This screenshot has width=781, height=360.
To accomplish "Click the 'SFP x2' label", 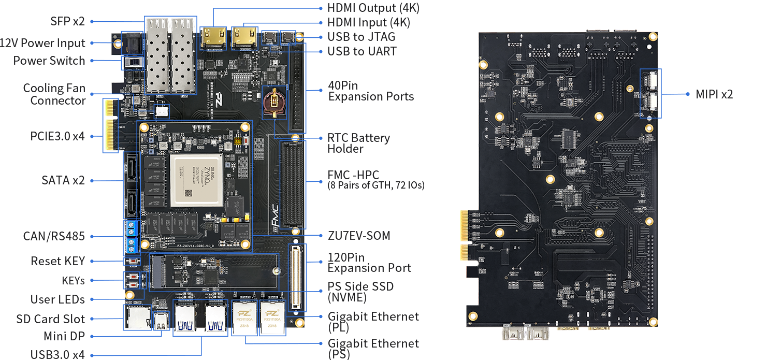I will tap(67, 21).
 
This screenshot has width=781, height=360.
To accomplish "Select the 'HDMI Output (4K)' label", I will tap(373, 8).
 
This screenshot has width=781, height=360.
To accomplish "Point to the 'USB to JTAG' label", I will tap(361, 37).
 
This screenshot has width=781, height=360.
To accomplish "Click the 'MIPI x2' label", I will tap(714, 94).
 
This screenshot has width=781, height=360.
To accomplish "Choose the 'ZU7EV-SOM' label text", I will tap(359, 236).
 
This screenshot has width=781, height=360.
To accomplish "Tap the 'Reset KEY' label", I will tap(57, 261).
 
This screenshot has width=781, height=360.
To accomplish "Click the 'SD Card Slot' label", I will tap(51, 319).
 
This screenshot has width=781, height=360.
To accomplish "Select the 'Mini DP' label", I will tap(64, 336).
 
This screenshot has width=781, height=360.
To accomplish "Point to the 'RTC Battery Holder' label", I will tap(358, 143).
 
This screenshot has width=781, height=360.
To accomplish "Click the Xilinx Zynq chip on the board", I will tap(196, 180).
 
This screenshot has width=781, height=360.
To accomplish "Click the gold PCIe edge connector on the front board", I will tap(109, 126).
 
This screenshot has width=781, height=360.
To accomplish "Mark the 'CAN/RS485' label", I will tap(54, 236).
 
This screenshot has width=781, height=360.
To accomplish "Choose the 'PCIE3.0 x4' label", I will tap(57, 136).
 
